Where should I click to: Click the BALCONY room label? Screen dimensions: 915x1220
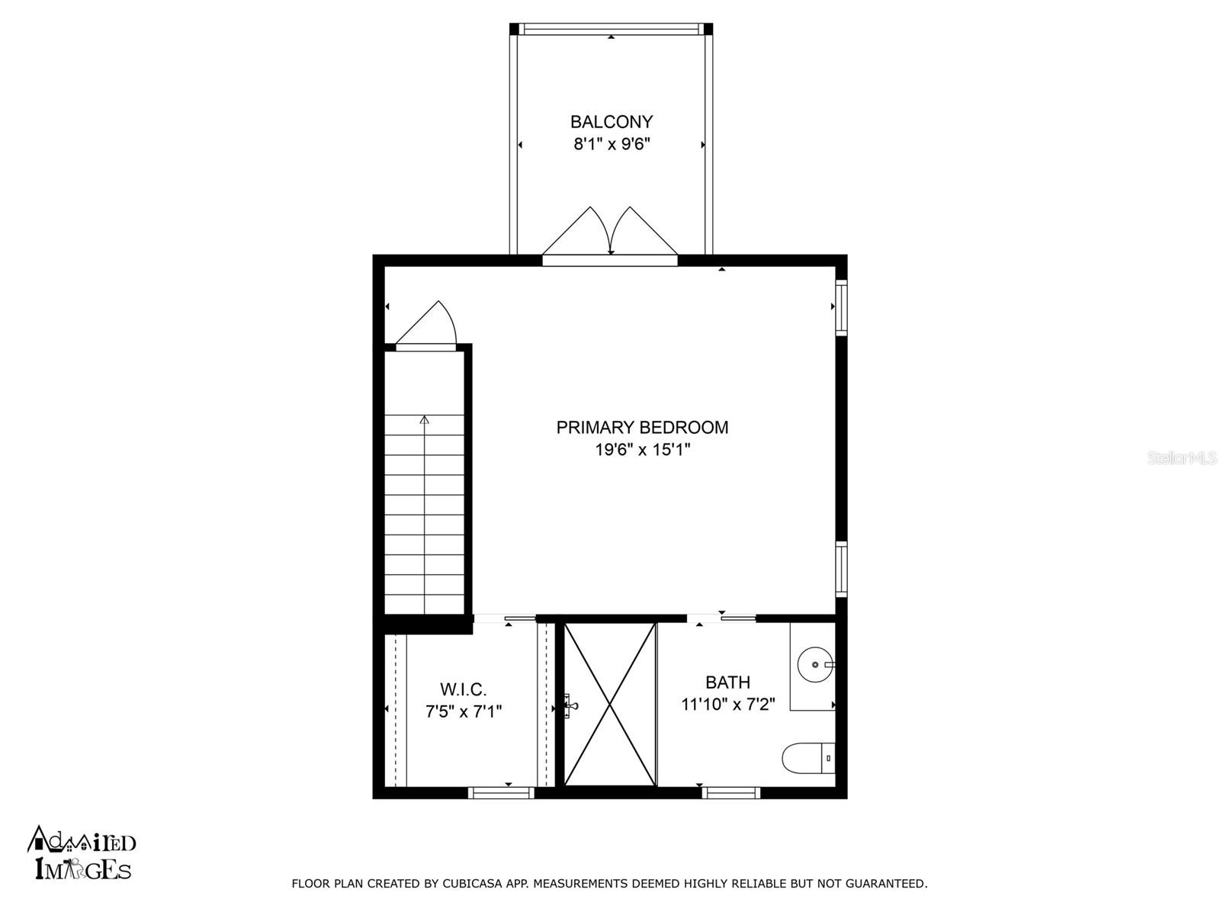[612, 121]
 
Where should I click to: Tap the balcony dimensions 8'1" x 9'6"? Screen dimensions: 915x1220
[612, 144]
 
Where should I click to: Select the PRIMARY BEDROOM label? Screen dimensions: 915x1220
[642, 427]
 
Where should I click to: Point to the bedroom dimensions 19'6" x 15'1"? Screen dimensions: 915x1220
[642, 450]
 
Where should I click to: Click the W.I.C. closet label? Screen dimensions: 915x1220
[463, 690]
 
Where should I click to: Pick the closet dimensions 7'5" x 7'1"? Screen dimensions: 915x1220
[463, 712]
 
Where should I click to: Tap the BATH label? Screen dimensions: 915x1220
[727, 682]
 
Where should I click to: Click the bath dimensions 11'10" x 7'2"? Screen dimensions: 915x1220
[727, 705]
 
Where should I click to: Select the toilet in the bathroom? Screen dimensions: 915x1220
[808, 758]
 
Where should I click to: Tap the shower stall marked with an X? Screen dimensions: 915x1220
[610, 704]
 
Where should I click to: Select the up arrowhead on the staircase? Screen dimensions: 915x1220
[424, 419]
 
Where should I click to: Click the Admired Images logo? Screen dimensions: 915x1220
[81, 854]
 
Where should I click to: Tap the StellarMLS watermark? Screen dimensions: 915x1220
[1183, 458]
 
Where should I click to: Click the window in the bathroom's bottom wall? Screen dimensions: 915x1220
[730, 793]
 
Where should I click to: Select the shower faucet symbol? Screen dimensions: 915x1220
[570, 706]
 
